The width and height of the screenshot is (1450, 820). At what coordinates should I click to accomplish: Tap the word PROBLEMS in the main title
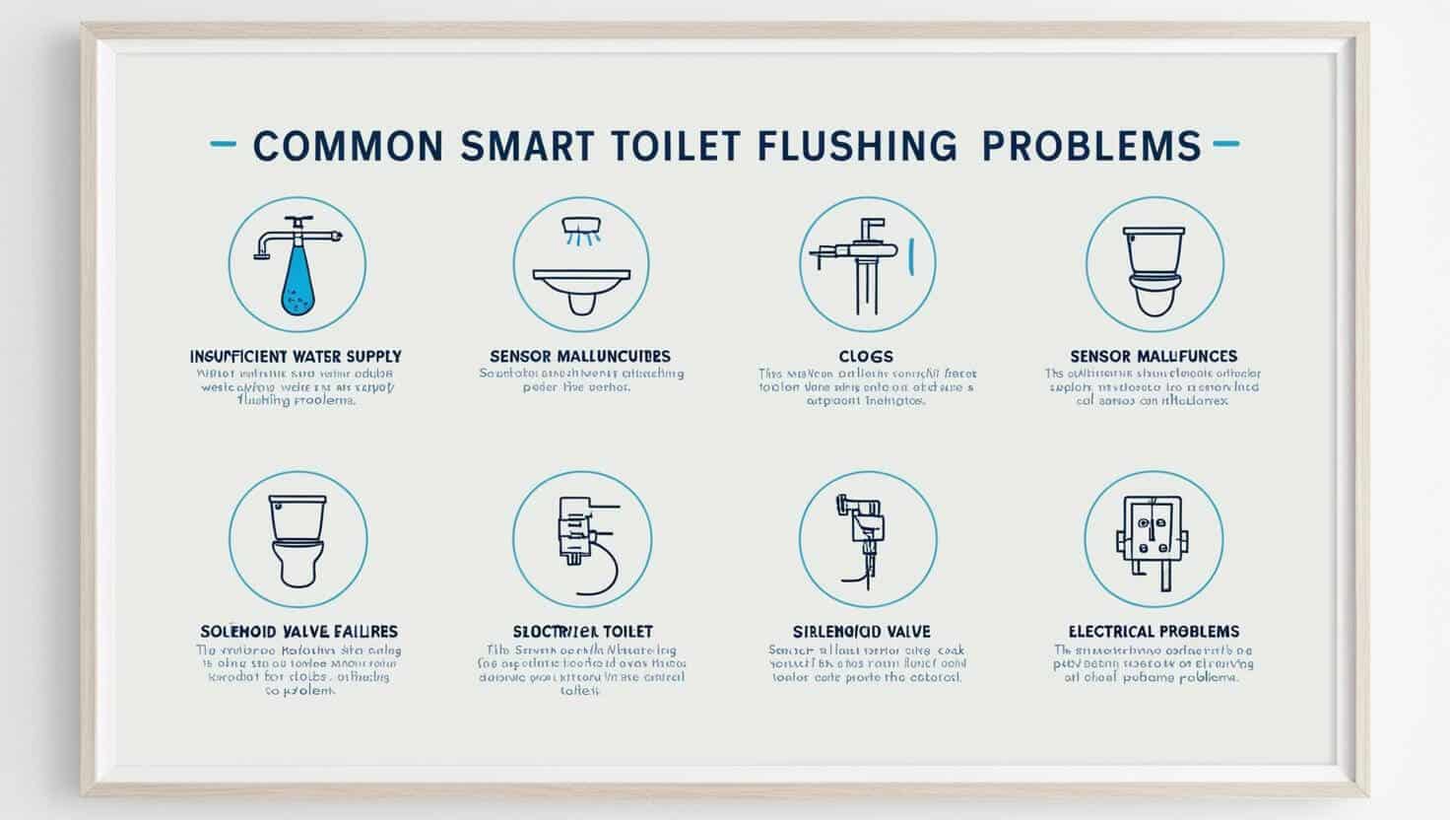click(1091, 145)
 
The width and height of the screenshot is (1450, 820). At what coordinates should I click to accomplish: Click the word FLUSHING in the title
click(857, 145)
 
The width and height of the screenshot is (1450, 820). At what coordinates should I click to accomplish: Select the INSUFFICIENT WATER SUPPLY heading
click(296, 356)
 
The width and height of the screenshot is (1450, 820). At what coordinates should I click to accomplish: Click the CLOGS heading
click(867, 356)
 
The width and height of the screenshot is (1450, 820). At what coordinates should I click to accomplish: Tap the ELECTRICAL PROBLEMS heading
click(1153, 631)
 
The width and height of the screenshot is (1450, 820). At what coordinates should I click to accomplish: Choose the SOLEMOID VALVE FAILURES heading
click(298, 631)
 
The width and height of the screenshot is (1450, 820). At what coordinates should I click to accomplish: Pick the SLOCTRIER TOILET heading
click(582, 631)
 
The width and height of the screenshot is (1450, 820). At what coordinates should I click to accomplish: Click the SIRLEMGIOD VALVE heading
click(862, 631)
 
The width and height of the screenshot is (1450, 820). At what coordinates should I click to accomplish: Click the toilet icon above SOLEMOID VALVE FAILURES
click(297, 540)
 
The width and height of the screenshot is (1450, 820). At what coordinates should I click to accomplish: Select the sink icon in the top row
click(581, 266)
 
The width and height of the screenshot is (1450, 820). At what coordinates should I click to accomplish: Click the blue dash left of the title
click(224, 144)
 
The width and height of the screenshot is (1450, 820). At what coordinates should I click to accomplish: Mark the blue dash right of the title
click(1225, 144)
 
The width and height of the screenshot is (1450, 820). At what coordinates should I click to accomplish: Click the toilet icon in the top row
click(1153, 266)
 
